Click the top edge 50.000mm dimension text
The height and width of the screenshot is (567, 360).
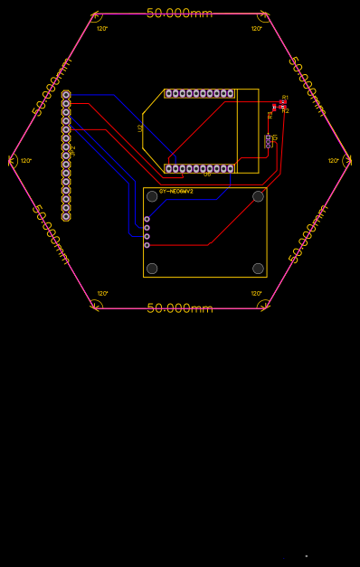coord(180,14)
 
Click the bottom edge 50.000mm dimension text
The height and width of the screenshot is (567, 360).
coord(180,308)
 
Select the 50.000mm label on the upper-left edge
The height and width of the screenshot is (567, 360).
coord(52,87)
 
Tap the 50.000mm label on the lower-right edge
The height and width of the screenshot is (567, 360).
coord(308,234)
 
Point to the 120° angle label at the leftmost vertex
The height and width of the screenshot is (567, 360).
coord(26,161)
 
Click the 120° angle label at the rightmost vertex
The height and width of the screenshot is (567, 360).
coord(333,161)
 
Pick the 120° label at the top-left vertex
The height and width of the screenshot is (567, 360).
coord(102,29)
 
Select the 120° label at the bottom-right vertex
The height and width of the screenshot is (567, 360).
coord(256,293)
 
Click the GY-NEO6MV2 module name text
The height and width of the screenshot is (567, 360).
coord(176,192)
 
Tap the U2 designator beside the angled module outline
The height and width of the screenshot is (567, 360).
coord(140,128)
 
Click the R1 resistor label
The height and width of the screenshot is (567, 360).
coord(285,97)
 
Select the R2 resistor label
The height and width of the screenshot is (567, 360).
coord(285,110)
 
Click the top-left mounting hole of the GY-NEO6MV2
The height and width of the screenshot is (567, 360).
coord(152,196)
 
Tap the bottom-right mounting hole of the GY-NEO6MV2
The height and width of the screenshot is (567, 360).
coord(258,269)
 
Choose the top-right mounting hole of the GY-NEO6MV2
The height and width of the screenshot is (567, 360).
coord(258,196)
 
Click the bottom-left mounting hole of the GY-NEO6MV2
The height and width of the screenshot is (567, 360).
coord(152,269)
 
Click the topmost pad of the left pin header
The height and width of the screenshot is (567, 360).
coord(66,94)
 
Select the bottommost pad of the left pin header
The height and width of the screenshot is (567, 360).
coord(66,217)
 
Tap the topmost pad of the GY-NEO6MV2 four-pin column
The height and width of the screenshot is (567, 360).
coord(147,219)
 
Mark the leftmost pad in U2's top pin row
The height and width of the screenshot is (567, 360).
coord(168,93)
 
